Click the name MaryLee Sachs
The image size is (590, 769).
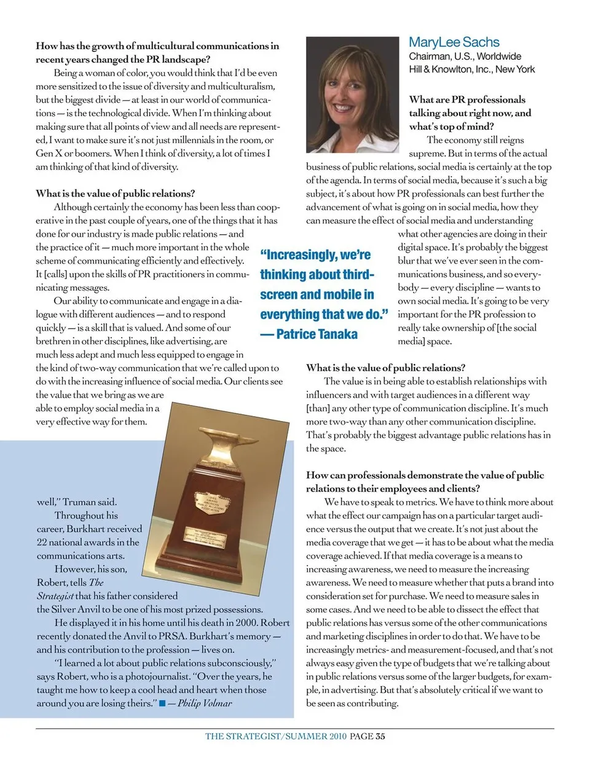(454, 42)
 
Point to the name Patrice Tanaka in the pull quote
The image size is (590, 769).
(317, 334)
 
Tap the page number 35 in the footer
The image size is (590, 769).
(380, 736)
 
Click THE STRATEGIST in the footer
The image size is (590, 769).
(243, 736)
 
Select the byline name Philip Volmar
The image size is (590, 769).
(205, 703)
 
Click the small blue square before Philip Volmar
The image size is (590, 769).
(162, 703)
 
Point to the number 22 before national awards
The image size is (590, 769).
(42, 542)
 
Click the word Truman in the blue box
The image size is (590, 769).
(79, 502)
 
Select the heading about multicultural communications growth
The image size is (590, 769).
(157, 52)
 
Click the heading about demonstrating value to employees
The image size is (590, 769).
(425, 482)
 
